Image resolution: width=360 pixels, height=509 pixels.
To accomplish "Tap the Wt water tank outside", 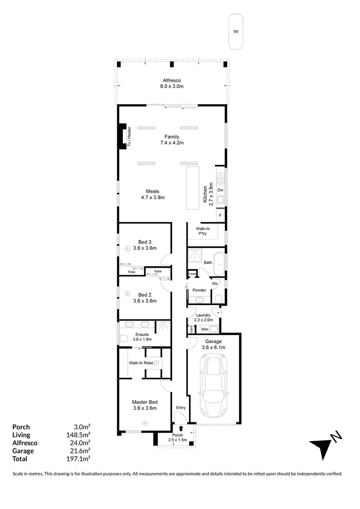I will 236,32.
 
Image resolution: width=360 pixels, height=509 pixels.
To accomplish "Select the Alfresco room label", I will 172,81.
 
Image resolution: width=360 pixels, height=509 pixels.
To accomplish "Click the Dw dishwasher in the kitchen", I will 220,189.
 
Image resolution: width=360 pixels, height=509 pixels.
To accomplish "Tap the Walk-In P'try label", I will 203,231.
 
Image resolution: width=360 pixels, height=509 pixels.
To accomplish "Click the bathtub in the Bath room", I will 220,264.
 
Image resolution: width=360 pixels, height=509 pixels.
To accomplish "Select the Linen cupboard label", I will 192,274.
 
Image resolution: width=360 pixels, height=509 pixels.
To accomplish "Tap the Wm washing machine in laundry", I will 205,329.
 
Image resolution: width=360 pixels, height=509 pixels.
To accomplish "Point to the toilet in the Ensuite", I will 123,338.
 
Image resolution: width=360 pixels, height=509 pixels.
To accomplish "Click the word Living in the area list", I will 21,435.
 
